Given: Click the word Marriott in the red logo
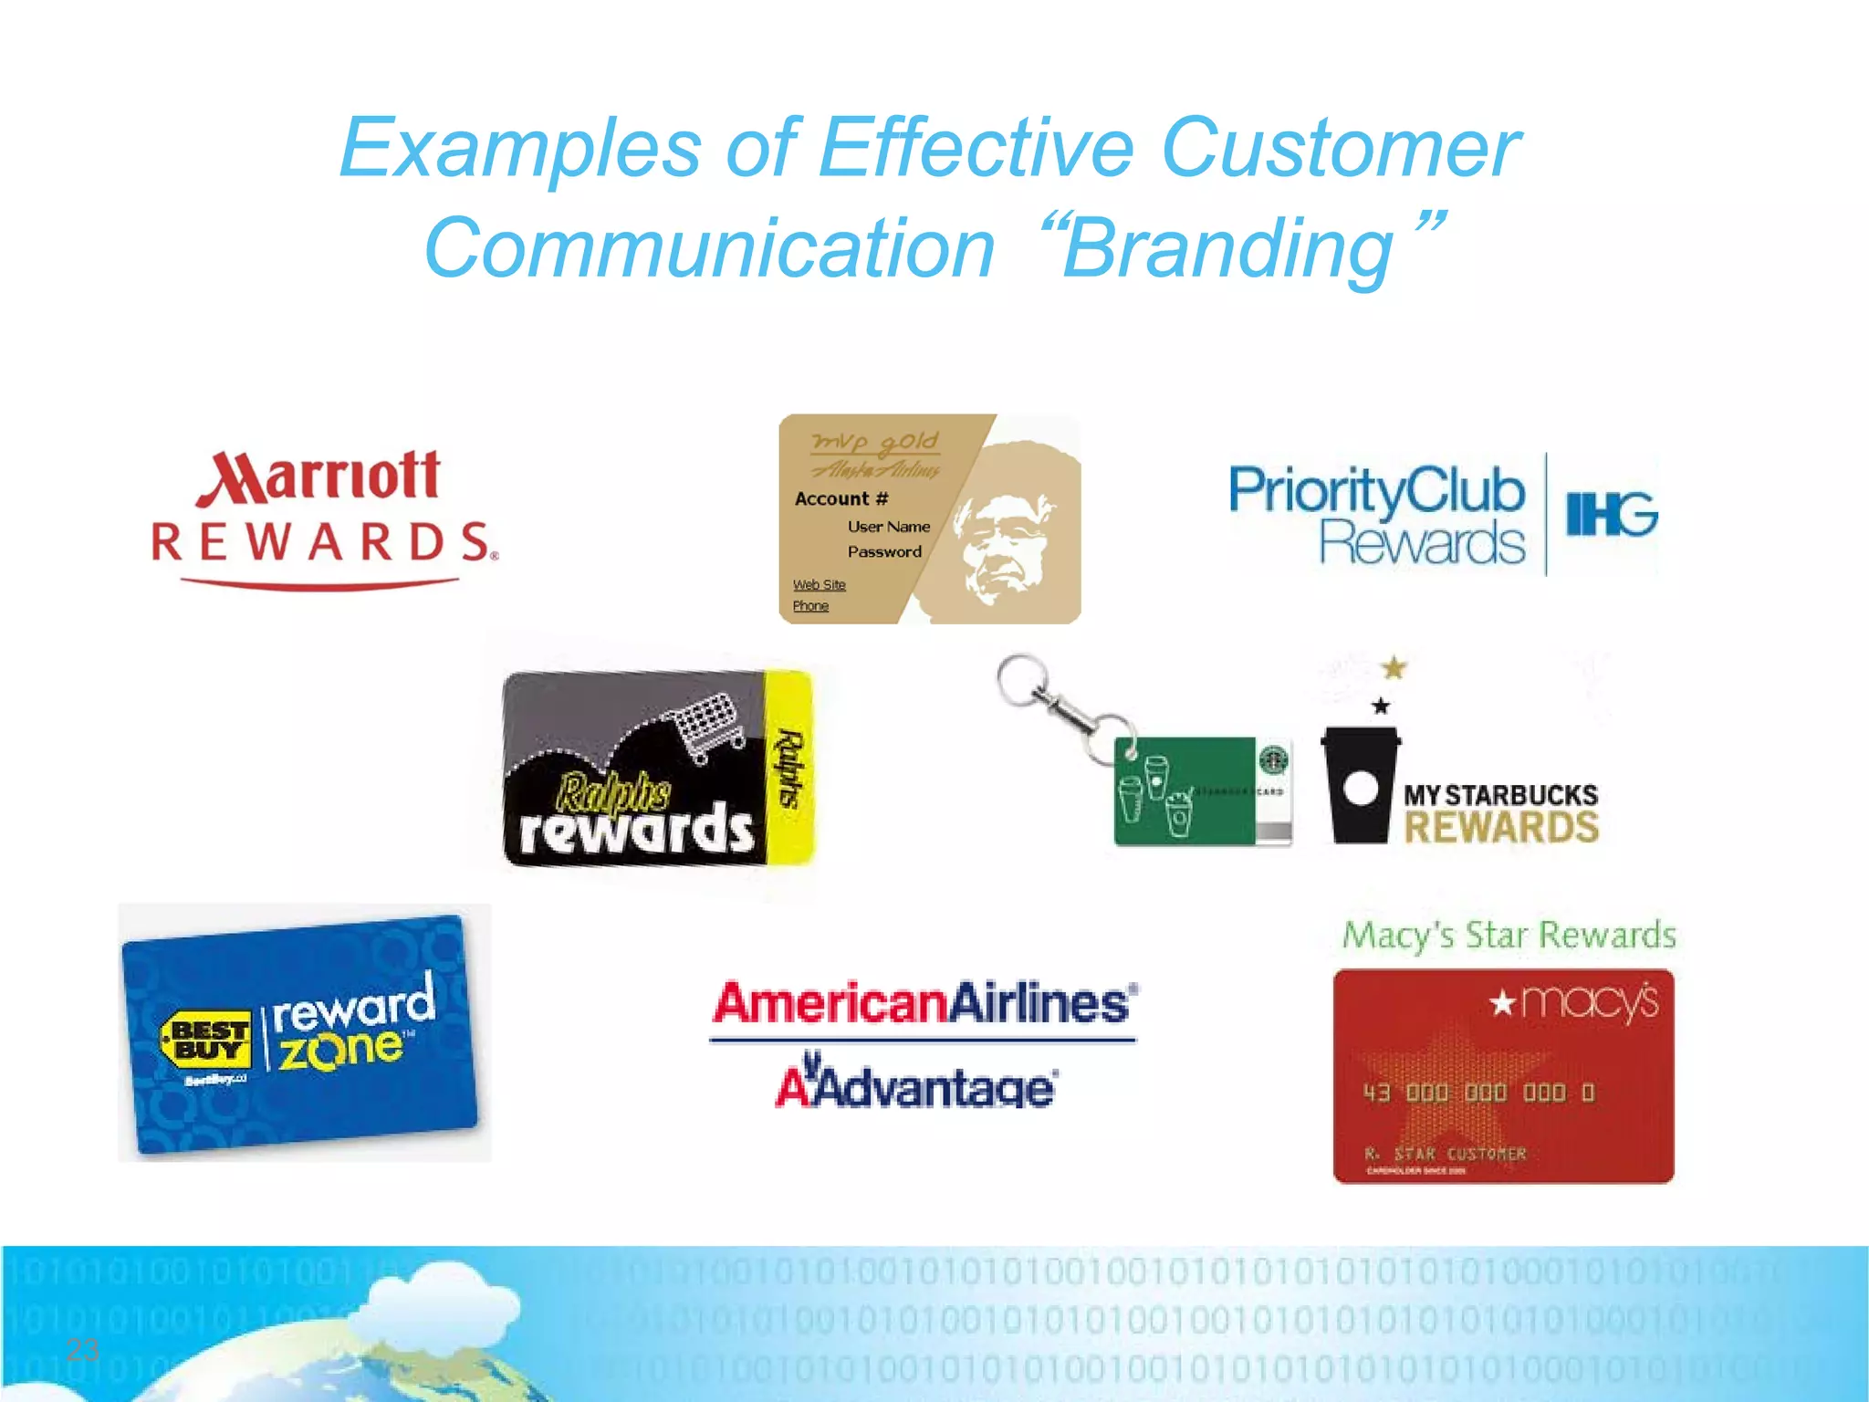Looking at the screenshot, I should click(319, 476).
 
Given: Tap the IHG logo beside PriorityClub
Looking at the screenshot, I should click(1612, 514).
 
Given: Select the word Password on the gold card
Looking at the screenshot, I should click(884, 552).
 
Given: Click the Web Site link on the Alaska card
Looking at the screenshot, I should click(819, 585).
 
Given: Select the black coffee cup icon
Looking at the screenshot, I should click(1360, 785).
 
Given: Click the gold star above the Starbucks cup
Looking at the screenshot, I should click(1394, 668).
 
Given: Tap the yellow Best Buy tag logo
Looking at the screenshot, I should click(205, 1040).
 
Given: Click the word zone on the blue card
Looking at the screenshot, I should click(340, 1051).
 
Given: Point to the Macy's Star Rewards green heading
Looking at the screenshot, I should click(1509, 936).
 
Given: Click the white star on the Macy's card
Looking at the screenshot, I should click(1502, 1004).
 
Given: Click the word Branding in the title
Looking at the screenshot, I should click(1228, 249).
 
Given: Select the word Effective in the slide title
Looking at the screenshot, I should click(976, 148).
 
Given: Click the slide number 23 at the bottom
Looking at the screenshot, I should click(82, 1350).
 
